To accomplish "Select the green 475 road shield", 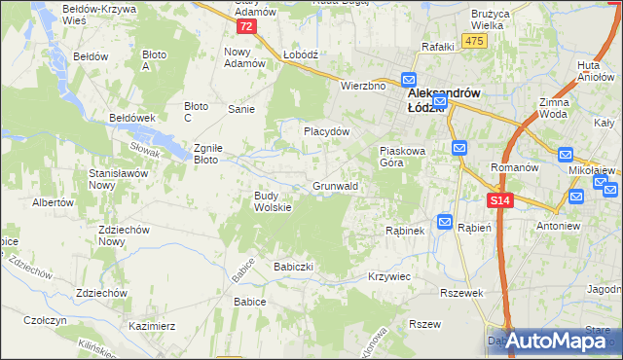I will pos(474,40).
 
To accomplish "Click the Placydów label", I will pos(326,130).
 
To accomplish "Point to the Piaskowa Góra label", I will pos(403,157).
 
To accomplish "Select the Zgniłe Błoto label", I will pos(209,153).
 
